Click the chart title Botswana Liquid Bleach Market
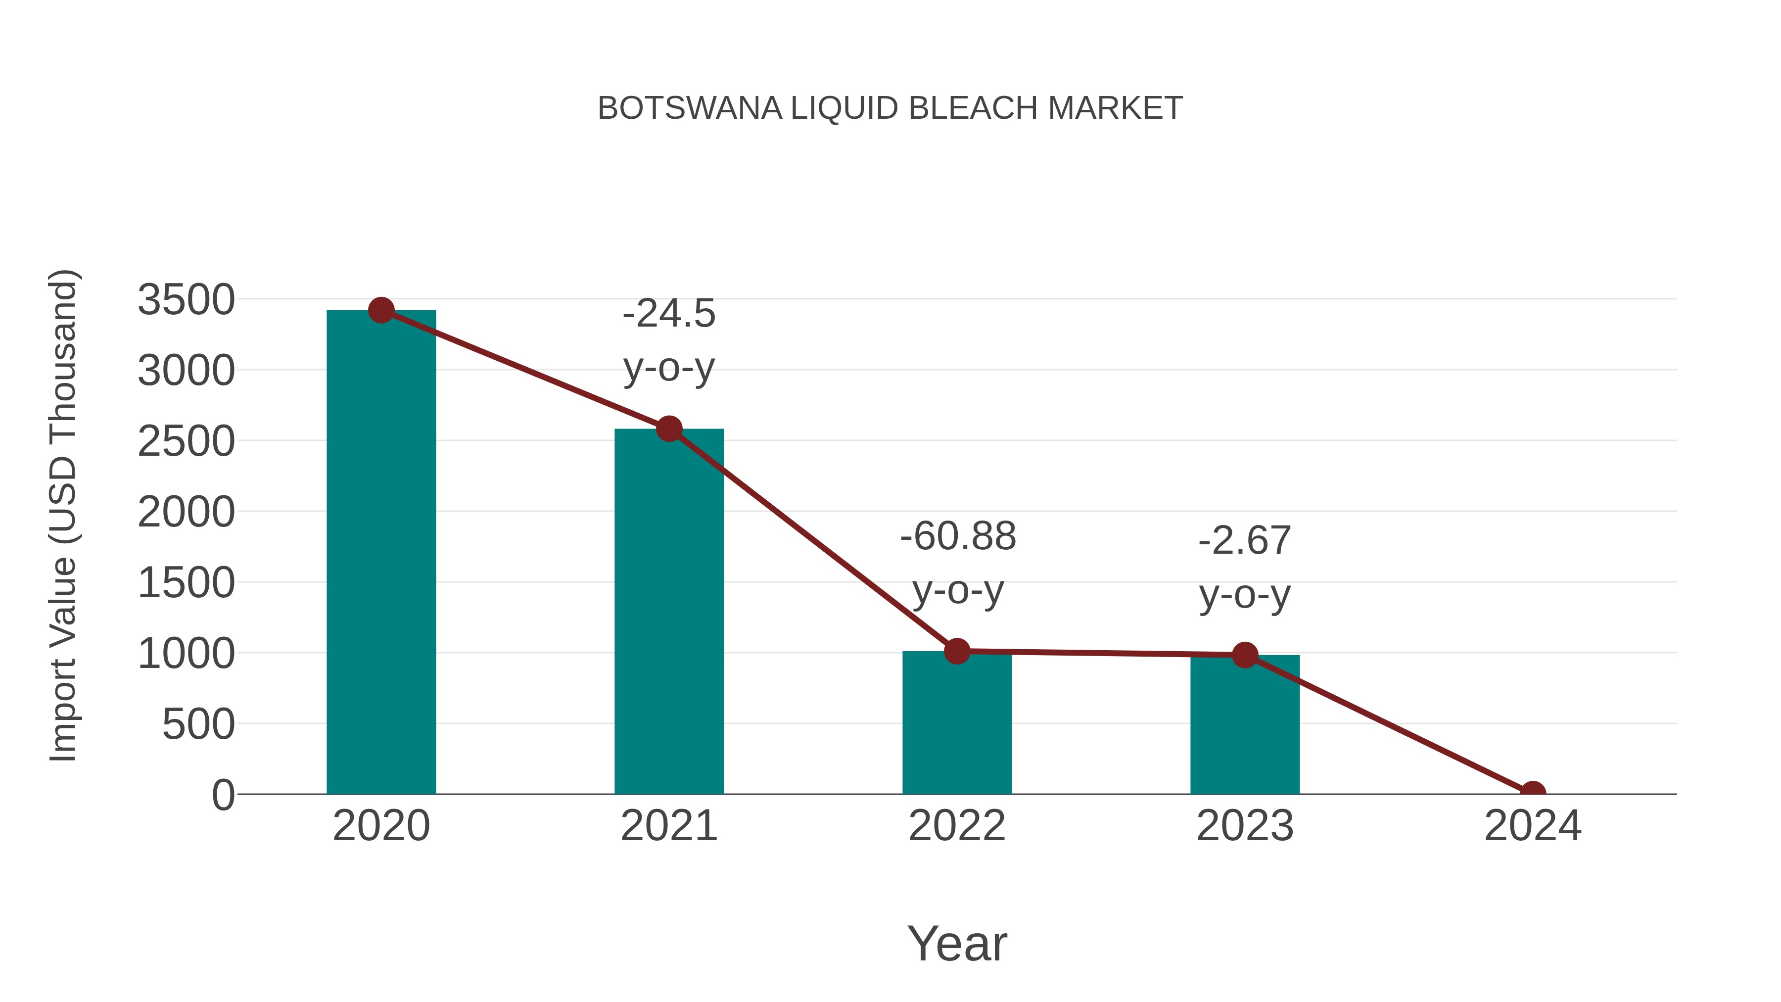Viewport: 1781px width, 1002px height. pyautogui.click(x=890, y=108)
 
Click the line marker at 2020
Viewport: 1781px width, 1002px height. pyautogui.click(x=381, y=310)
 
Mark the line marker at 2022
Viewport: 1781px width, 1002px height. pyautogui.click(x=957, y=651)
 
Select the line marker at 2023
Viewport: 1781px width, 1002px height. pyautogui.click(x=1245, y=655)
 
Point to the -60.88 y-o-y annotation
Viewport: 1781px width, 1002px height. pyautogui.click(x=958, y=563)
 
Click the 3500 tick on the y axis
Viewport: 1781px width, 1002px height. pyautogui.click(x=186, y=300)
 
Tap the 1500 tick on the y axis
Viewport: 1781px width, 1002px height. pyautogui.click(x=186, y=583)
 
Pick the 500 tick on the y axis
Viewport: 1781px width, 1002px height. pyautogui.click(x=198, y=725)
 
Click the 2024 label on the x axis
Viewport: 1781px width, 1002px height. pyautogui.click(x=1532, y=826)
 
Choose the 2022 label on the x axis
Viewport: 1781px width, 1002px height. pyautogui.click(x=957, y=826)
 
